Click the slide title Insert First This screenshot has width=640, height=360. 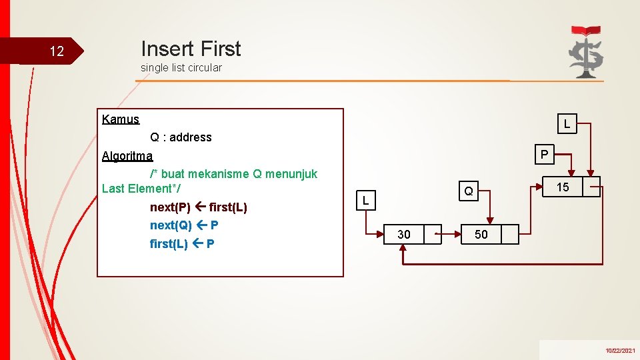pyautogui.click(x=191, y=49)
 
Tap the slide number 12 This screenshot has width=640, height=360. pyautogui.click(x=57, y=51)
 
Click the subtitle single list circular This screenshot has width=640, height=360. pyautogui.click(x=181, y=67)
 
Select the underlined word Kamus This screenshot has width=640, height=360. pyautogui.click(x=121, y=119)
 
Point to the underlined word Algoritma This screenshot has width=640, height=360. pyautogui.click(x=127, y=156)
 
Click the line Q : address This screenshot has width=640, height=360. pyautogui.click(x=181, y=137)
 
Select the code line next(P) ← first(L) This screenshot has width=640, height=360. pyautogui.click(x=198, y=207)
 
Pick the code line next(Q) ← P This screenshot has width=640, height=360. pyautogui.click(x=184, y=225)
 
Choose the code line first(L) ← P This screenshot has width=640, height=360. pyautogui.click(x=182, y=243)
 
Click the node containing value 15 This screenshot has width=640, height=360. pyautogui.click(x=563, y=187)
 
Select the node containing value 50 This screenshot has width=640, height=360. pyautogui.click(x=481, y=234)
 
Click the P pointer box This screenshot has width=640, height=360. pyautogui.click(x=545, y=155)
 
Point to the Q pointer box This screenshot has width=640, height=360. pyautogui.click(x=469, y=191)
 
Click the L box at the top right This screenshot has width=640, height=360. pyautogui.click(x=566, y=124)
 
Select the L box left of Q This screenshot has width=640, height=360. pyautogui.click(x=365, y=199)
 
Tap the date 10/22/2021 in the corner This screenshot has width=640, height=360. pyautogui.click(x=620, y=350)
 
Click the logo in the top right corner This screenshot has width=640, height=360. pyautogui.click(x=585, y=51)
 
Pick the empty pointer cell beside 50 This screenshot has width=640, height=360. pyautogui.click(x=509, y=234)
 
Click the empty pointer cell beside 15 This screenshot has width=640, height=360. pyautogui.click(x=591, y=187)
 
